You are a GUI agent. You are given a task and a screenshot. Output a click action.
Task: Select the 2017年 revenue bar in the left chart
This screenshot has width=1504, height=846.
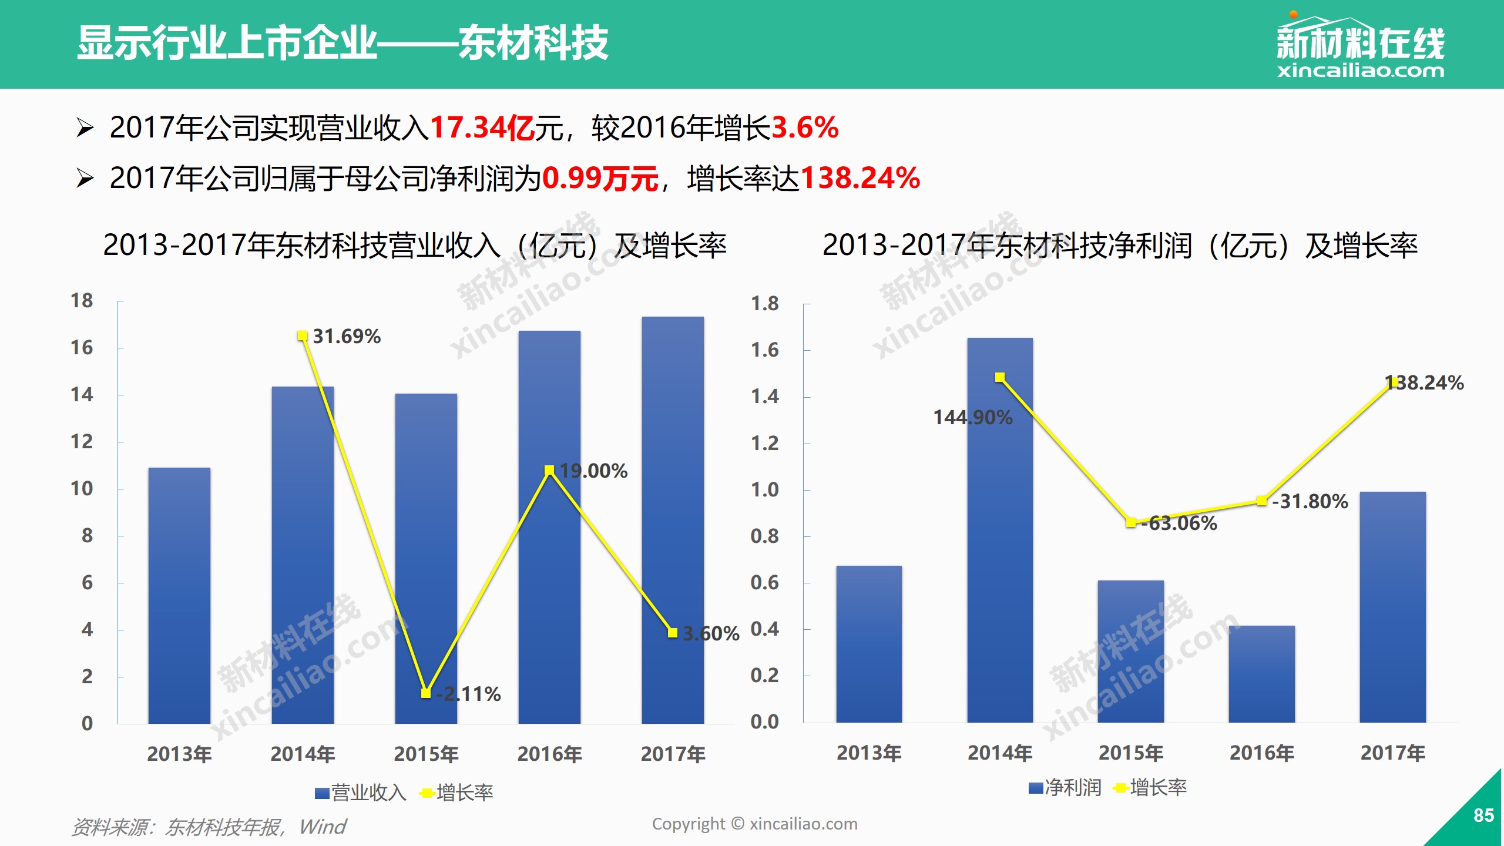pyautogui.click(x=673, y=520)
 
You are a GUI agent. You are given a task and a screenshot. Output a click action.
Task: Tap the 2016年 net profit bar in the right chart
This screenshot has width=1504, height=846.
pyautogui.click(x=1261, y=674)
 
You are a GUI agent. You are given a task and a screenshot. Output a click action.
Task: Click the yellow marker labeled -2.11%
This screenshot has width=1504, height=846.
pyautogui.click(x=426, y=693)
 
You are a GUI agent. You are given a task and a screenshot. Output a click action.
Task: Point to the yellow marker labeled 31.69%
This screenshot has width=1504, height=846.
pyautogui.click(x=303, y=336)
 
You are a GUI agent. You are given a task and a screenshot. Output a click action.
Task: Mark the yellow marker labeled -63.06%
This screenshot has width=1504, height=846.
pyautogui.click(x=1131, y=522)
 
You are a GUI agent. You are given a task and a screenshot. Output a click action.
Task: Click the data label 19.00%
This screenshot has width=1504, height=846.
pyautogui.click(x=593, y=471)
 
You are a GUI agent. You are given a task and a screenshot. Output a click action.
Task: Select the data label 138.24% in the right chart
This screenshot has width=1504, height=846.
pyautogui.click(x=1424, y=383)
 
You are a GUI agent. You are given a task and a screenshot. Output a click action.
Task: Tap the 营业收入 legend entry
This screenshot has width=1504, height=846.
pyautogui.click(x=361, y=793)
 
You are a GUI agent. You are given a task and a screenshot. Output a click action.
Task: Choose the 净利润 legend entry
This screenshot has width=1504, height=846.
pyautogui.click(x=1066, y=788)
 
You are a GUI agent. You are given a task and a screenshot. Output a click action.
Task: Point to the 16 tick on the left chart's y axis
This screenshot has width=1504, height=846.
pyautogui.click(x=82, y=348)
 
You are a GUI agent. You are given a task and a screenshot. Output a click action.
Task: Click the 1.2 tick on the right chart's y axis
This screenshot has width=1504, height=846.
pyautogui.click(x=764, y=443)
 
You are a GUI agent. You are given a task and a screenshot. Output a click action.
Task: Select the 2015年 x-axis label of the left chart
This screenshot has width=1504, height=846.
pyautogui.click(x=426, y=754)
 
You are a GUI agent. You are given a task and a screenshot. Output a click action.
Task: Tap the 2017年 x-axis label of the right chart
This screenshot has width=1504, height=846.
pyautogui.click(x=1392, y=753)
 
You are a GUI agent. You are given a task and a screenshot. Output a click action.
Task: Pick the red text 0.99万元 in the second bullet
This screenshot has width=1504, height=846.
pyautogui.click(x=599, y=178)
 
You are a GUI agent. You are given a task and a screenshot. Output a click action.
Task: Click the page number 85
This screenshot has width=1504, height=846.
pyautogui.click(x=1483, y=815)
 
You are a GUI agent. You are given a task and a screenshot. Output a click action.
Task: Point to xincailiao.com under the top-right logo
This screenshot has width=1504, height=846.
pyautogui.click(x=1360, y=71)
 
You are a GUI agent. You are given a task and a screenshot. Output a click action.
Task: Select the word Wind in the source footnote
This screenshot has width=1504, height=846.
pyautogui.click(x=323, y=827)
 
